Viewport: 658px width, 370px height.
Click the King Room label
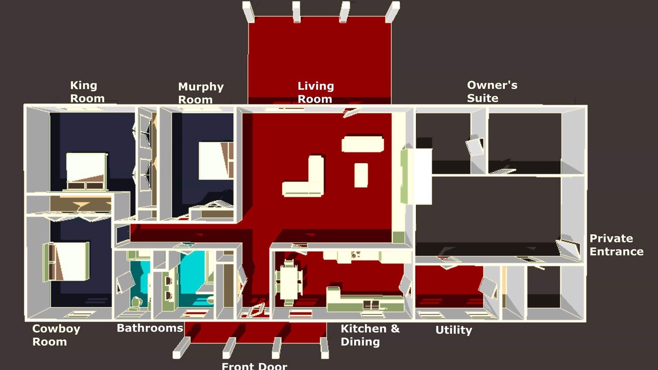pos(87,92)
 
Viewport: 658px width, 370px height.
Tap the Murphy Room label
pos(201,93)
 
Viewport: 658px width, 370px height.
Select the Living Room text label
pos(316,92)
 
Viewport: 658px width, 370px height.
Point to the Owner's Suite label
pos(492,91)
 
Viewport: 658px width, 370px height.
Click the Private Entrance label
pos(616,245)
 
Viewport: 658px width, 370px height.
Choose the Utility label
pos(453,330)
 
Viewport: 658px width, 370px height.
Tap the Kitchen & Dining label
pos(370,335)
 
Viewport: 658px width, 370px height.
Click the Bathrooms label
pos(150,328)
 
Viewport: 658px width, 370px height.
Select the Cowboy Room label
pos(56,335)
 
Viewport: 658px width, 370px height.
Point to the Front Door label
pos(254,366)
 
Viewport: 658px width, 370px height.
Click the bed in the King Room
pos(86,171)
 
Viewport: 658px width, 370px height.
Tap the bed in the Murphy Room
pos(216,161)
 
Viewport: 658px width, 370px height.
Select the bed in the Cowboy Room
pos(66,262)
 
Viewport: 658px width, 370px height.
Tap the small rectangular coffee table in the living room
pos(361,175)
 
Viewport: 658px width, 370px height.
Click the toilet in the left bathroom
pos(136,302)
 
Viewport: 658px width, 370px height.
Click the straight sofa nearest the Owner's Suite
pos(363,144)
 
